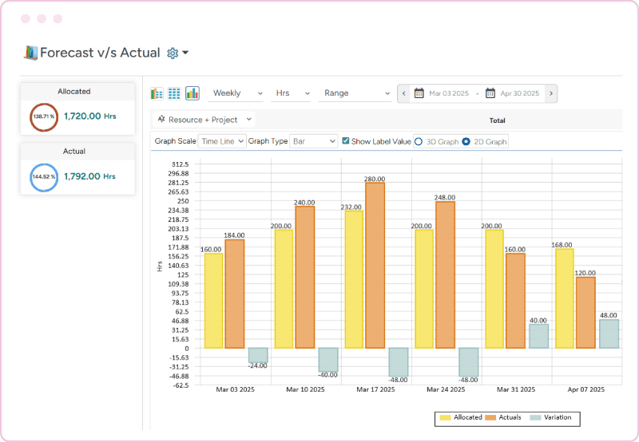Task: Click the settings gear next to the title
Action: coord(173,53)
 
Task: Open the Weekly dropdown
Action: coord(237,93)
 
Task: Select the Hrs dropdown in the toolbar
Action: coord(292,93)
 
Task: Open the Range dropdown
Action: coord(354,93)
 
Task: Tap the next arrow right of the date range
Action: coord(551,93)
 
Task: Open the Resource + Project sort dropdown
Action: coord(204,120)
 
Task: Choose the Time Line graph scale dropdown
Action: coord(221,141)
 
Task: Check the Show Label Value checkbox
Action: coord(346,141)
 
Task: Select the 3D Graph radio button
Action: coord(418,141)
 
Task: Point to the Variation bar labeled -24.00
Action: coord(257,355)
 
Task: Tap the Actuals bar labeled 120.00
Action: coord(585,312)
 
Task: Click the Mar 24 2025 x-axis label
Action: coord(446,389)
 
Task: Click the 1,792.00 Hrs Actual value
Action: coord(89,176)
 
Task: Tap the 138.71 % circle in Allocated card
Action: coord(43,116)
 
